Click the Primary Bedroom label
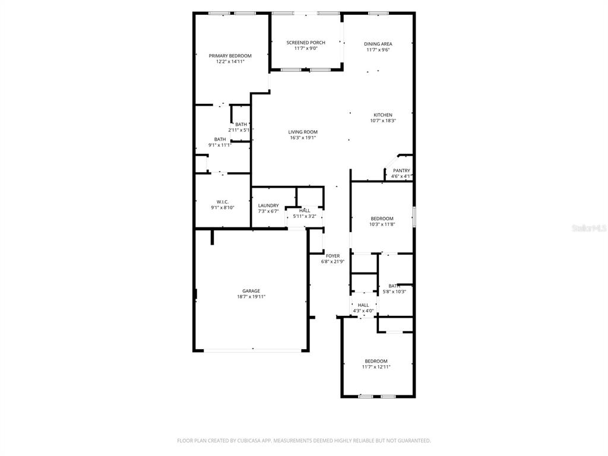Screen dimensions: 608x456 click(230, 56)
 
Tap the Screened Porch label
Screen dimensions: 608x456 click(306, 43)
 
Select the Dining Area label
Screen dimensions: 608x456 click(378, 44)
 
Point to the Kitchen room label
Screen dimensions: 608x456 click(383, 115)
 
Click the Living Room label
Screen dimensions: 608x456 click(302, 132)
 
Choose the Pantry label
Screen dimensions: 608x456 click(401, 170)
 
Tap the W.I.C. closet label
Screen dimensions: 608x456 click(223, 202)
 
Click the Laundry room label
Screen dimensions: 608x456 click(268, 205)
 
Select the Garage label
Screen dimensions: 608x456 click(251, 291)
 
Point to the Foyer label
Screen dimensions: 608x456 click(332, 256)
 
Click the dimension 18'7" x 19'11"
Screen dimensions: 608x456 click(251, 297)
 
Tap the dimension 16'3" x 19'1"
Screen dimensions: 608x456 click(302, 138)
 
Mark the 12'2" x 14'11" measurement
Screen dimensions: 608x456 click(230, 62)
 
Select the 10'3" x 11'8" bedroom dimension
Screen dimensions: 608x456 click(382, 224)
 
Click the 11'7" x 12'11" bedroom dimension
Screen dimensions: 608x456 click(376, 367)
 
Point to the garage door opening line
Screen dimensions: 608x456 click(252, 350)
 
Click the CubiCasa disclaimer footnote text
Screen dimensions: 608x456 click(303, 441)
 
